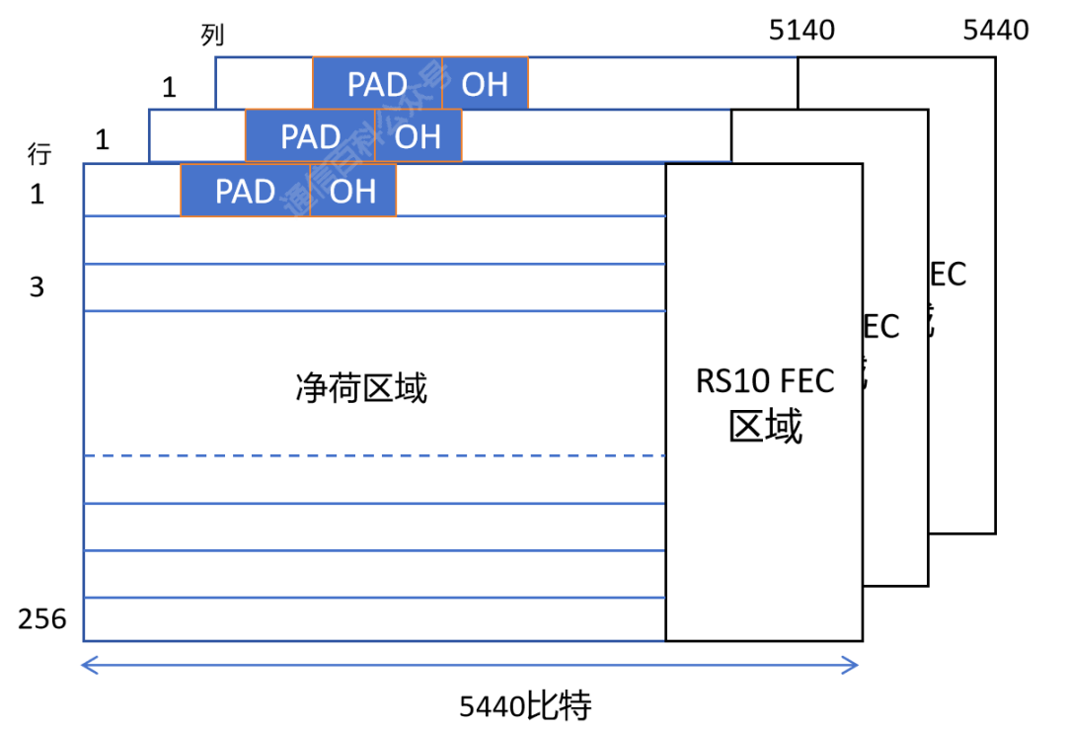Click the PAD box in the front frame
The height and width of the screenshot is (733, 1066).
tap(245, 190)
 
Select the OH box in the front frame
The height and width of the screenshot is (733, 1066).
tap(353, 190)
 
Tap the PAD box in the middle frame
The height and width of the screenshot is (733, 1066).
tap(310, 135)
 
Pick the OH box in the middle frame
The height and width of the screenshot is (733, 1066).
tap(419, 135)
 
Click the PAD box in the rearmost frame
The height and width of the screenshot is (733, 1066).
tap(377, 83)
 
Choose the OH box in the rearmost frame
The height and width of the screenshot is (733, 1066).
tap(485, 83)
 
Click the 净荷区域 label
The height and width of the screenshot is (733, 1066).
tap(361, 388)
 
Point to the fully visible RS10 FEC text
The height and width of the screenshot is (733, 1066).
tap(765, 380)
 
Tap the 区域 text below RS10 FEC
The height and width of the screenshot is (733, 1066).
tap(765, 427)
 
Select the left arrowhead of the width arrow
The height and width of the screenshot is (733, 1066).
tap(87, 666)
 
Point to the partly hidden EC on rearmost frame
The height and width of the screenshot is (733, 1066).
tap(948, 274)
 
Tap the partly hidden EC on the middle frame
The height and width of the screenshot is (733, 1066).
tap(881, 326)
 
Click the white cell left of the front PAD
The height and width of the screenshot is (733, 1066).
tap(131, 190)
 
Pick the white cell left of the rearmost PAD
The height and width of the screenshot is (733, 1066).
tap(264, 83)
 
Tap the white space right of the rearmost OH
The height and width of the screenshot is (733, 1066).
tap(661, 83)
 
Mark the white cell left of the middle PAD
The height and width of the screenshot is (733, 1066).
tap(196, 135)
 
